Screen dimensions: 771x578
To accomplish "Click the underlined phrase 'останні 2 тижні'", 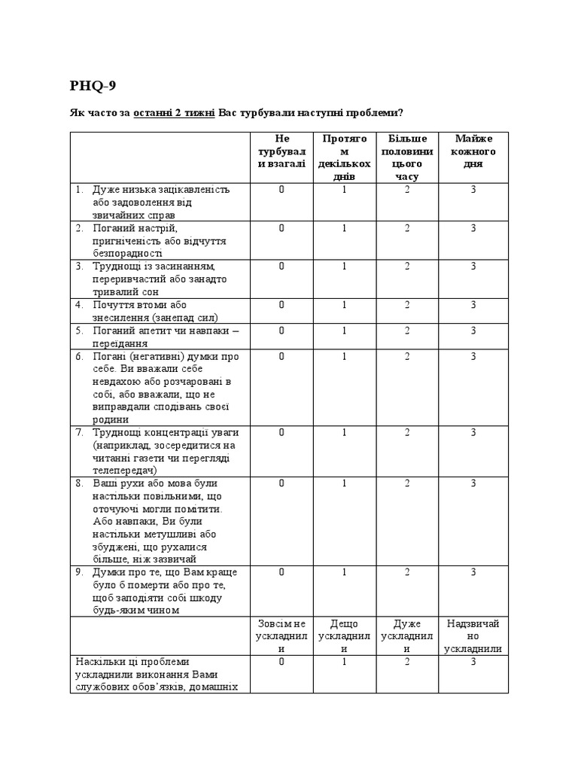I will click(x=174, y=113).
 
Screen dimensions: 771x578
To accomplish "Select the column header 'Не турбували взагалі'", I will click(x=281, y=151).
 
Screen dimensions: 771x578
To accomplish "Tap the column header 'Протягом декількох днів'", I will click(x=345, y=157).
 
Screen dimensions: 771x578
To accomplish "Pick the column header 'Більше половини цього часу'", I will click(x=407, y=157).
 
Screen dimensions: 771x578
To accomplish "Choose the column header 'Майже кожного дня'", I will click(x=474, y=151).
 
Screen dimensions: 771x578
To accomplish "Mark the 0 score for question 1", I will click(x=281, y=190).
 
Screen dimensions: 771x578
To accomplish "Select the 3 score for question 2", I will click(x=474, y=228).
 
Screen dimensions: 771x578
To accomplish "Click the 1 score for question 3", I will click(x=345, y=267).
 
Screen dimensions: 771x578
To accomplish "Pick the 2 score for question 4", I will click(x=407, y=305).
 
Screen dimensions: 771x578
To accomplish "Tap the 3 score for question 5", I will click(x=474, y=331).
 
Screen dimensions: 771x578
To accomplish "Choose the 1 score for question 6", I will click(x=345, y=356).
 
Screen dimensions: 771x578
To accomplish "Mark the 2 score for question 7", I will click(x=407, y=433).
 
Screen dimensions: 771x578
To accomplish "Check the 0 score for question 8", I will click(x=281, y=483).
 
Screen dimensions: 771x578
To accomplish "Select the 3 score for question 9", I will click(x=474, y=572).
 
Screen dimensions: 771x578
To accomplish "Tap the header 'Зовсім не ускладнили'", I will click(x=281, y=636).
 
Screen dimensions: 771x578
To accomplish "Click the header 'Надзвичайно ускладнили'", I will click(x=474, y=636).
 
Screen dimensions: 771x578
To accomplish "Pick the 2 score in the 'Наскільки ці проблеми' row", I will click(x=407, y=662).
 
